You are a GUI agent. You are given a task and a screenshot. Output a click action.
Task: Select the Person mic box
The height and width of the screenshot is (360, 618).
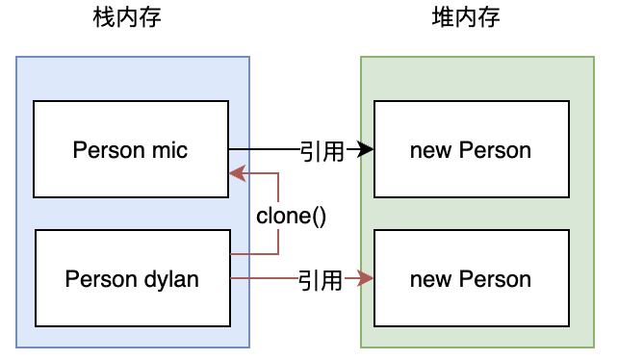[x=131, y=149]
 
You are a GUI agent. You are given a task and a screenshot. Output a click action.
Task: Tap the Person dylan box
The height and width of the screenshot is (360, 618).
[x=132, y=279]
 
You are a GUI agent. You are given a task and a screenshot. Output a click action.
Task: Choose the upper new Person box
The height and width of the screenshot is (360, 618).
[x=470, y=149]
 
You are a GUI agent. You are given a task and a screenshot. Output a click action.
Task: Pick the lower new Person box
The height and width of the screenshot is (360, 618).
[x=470, y=279]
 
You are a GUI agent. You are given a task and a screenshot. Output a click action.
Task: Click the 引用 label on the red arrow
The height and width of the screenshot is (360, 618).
[x=320, y=280]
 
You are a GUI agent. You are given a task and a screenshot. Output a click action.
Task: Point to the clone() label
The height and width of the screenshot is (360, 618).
[x=291, y=216]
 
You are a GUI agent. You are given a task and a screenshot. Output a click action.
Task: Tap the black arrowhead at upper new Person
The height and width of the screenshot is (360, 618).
[x=366, y=149]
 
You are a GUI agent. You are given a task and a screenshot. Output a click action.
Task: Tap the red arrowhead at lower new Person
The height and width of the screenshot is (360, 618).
[x=366, y=279]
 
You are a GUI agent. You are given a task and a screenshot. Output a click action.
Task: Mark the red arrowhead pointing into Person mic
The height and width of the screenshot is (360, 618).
[x=235, y=174]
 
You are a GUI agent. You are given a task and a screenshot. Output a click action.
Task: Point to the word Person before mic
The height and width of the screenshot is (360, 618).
[x=105, y=149]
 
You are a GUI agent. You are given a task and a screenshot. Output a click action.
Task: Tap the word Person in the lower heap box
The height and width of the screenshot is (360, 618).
[x=494, y=280]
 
